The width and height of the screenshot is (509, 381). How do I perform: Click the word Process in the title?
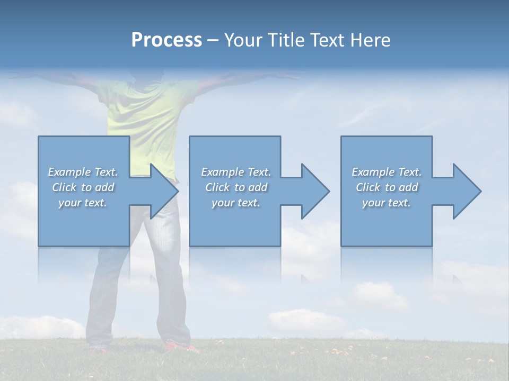(166, 40)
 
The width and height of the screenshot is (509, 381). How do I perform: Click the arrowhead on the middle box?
(314, 191)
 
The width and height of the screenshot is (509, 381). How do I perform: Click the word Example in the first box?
(69, 172)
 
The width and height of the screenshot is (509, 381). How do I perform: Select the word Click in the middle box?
(217, 187)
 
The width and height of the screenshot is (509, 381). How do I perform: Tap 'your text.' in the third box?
(387, 203)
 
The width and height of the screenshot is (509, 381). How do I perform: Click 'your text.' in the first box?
(83, 203)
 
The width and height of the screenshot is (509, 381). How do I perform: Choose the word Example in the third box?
(373, 172)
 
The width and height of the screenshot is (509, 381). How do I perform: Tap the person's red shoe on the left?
(98, 349)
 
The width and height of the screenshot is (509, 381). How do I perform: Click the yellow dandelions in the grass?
(339, 351)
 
